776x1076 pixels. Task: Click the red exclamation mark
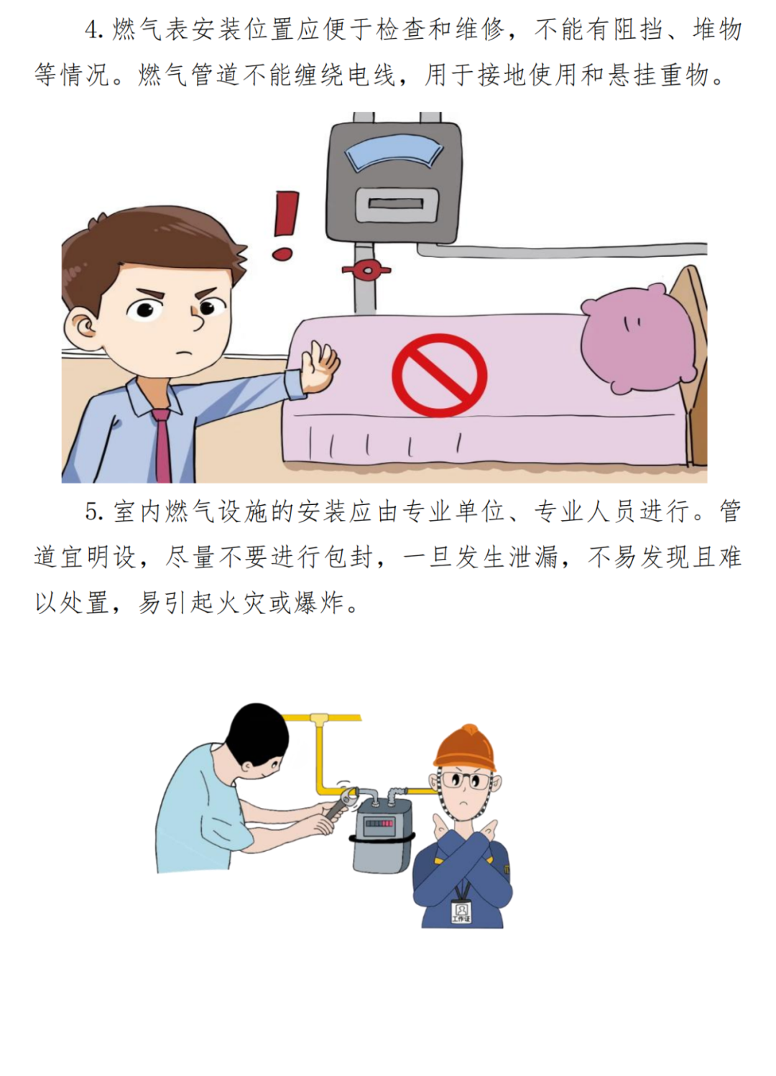tap(285, 226)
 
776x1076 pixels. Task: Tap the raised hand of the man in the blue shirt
tap(320, 365)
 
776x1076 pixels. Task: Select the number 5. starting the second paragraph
tap(94, 513)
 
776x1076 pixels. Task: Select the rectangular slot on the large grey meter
tap(397, 203)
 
